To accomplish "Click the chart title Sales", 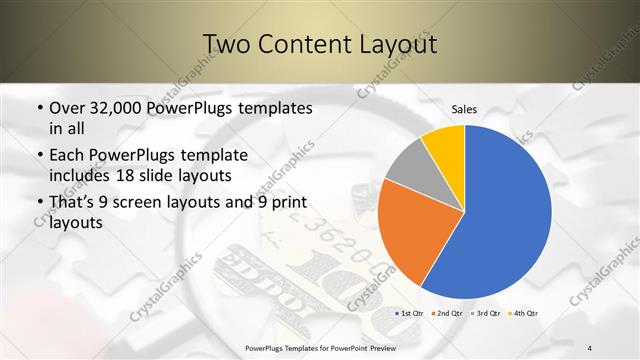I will (x=464, y=108).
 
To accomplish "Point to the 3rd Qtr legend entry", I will (x=485, y=314).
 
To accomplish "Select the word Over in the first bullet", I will (x=67, y=108).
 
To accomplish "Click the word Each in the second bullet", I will (x=67, y=156).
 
